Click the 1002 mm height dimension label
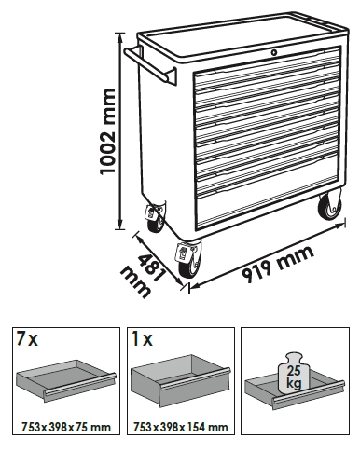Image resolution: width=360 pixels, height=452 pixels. [107, 131]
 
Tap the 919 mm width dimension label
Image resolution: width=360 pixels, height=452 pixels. [278, 264]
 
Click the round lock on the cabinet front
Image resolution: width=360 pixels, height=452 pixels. [273, 53]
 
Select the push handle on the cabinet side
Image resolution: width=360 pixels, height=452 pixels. [150, 66]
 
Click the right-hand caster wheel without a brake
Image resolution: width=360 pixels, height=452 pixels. [329, 207]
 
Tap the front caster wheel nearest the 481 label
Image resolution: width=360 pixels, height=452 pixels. [188, 260]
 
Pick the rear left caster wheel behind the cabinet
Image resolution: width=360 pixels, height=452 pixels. [155, 218]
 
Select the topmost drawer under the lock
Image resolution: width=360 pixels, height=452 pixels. [268, 67]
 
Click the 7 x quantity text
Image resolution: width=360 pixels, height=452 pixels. [27, 339]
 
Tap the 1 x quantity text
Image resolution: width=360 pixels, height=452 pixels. [143, 339]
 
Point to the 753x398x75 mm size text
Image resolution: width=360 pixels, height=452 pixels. [66, 427]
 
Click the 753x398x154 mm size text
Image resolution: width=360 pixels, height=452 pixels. [180, 427]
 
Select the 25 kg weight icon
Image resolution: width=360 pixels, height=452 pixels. [294, 372]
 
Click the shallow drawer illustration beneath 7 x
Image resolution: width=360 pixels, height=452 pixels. [66, 381]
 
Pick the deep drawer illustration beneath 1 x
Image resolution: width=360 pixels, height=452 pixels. [181, 381]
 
